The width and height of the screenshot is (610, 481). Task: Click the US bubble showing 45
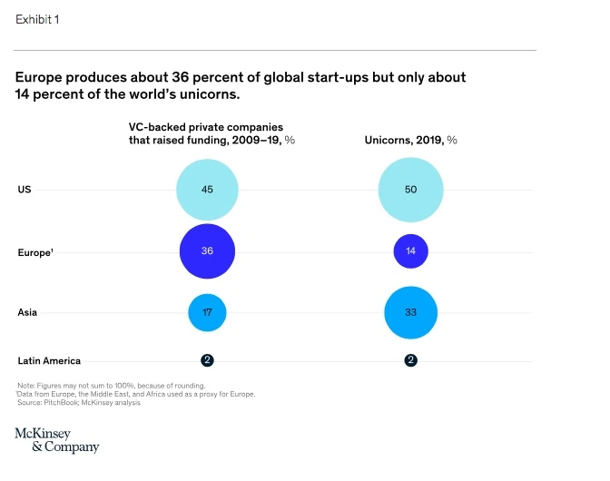[207, 189]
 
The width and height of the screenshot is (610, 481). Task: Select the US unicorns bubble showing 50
[410, 189]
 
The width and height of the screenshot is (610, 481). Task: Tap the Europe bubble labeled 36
[207, 250]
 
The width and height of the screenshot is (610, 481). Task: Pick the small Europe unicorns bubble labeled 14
[410, 250]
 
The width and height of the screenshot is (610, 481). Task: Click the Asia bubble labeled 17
[207, 312]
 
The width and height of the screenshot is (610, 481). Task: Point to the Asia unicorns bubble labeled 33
[410, 312]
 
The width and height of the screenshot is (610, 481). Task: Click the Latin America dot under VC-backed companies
[207, 360]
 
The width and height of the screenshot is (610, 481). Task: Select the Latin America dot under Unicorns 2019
[410, 360]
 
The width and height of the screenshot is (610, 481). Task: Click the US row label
[25, 189]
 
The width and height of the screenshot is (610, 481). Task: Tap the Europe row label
[34, 251]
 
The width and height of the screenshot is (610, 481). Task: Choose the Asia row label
[27, 312]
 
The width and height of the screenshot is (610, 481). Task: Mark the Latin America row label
[49, 360]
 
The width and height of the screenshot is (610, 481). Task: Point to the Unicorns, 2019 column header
[410, 141]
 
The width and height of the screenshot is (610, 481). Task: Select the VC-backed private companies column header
[212, 134]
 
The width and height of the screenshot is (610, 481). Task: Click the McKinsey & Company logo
[56, 440]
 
